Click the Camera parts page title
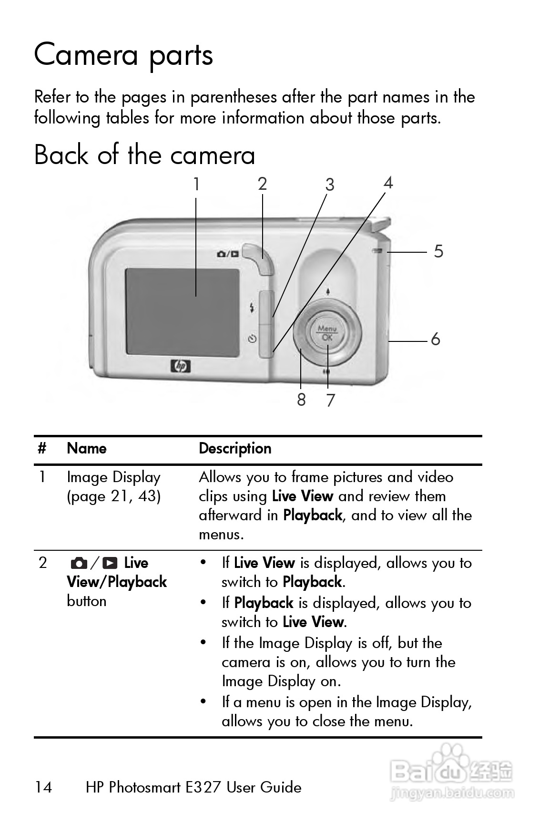click(x=123, y=55)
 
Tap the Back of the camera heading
click(x=144, y=155)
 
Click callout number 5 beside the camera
click(x=438, y=251)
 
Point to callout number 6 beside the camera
click(x=436, y=340)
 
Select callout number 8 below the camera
click(x=301, y=400)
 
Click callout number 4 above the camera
click(x=388, y=183)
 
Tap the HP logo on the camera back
click(x=181, y=366)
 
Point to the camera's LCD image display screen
click(x=182, y=312)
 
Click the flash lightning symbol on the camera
click(x=252, y=308)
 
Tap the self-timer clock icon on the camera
click(x=253, y=339)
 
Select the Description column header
click(x=235, y=449)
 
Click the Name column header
click(x=87, y=448)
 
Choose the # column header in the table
click(x=42, y=449)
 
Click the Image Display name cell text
click(x=114, y=478)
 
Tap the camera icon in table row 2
click(x=79, y=564)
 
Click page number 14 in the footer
click(x=43, y=787)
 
